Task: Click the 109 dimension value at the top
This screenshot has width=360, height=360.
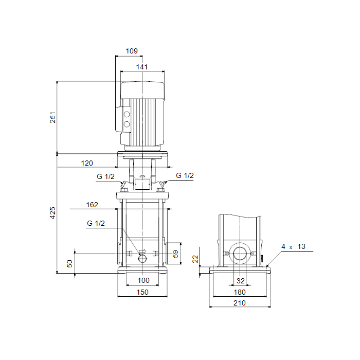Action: click(132, 51)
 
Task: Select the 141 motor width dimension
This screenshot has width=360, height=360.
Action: click(141, 67)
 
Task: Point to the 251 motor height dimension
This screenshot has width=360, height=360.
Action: click(52, 117)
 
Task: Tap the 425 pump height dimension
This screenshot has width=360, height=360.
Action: click(52, 213)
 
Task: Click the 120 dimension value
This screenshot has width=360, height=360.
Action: click(87, 163)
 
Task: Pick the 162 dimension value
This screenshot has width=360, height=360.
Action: click(92, 205)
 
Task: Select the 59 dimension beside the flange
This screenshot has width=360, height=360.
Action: click(175, 254)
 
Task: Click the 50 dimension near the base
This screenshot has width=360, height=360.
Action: click(69, 263)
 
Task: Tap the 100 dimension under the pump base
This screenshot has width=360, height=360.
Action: click(143, 280)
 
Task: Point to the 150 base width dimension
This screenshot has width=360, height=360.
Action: click(142, 292)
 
